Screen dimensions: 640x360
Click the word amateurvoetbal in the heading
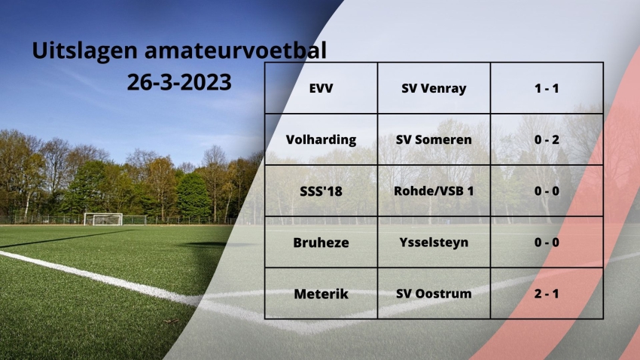(x=236, y=50)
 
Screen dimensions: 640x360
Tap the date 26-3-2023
(x=179, y=82)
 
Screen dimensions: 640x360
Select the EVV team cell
(x=322, y=88)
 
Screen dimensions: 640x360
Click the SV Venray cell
(x=434, y=88)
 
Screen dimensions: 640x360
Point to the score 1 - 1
(x=547, y=88)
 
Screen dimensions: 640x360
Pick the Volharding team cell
(x=322, y=139)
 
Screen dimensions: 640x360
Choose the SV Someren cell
(x=434, y=139)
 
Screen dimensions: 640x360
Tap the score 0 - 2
(x=547, y=139)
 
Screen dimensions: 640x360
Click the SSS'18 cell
(x=322, y=191)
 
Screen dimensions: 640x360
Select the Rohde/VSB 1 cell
(x=434, y=191)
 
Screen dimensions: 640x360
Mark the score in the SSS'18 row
(x=547, y=191)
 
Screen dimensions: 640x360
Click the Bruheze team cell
(x=322, y=243)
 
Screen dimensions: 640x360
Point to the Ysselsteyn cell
(x=434, y=243)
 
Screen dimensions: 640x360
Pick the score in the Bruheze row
(x=547, y=243)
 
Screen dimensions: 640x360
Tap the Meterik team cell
(x=322, y=294)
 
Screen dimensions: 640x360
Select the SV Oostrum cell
(x=434, y=294)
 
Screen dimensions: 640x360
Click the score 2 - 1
(x=547, y=294)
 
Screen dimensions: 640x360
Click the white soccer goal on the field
(x=103, y=219)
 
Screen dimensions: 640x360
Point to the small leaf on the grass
(x=172, y=321)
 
